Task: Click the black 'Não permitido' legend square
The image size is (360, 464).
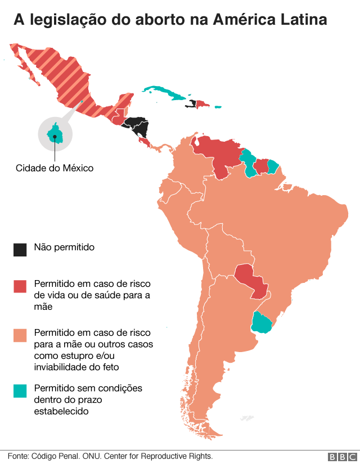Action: tap(20, 250)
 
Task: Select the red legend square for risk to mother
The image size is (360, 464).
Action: tap(20, 286)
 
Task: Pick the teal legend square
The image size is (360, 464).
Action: tap(20, 390)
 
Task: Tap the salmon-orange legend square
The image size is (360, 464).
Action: tap(20, 336)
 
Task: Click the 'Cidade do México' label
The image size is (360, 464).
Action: tap(55, 168)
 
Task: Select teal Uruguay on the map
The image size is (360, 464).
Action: tap(262, 323)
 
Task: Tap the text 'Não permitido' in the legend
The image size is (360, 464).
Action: tap(64, 247)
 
